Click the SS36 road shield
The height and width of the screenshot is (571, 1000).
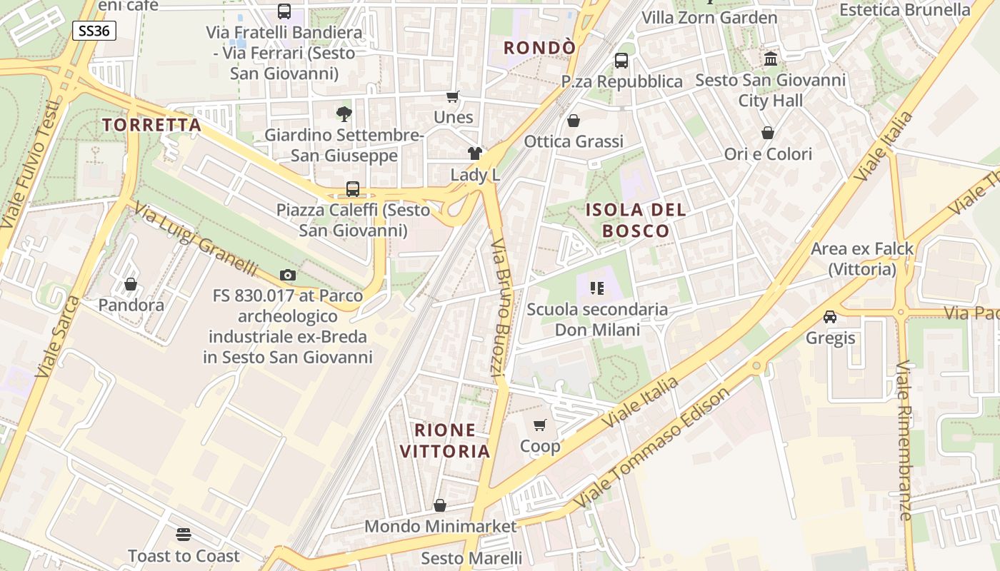click(x=94, y=31)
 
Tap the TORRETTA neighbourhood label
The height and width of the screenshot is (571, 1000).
click(x=151, y=125)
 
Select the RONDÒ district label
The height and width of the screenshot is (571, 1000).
click(x=539, y=48)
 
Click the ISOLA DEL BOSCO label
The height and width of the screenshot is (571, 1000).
click(x=636, y=220)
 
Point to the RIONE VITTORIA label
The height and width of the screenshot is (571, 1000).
click(x=445, y=440)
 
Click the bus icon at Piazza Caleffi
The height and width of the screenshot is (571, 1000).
click(x=353, y=189)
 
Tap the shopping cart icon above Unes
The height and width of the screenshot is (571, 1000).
click(x=453, y=96)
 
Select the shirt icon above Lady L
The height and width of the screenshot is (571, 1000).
click(x=475, y=153)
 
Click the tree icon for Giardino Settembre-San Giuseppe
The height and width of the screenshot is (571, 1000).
click(x=344, y=113)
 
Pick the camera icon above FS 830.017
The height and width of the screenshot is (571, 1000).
click(x=288, y=275)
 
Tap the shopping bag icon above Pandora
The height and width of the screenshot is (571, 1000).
click(x=131, y=284)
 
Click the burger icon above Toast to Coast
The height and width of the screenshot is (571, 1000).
click(x=184, y=535)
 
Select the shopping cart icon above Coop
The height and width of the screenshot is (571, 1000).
click(x=540, y=425)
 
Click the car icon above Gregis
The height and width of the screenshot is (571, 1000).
click(x=830, y=316)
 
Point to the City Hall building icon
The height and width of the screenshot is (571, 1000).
click(x=771, y=59)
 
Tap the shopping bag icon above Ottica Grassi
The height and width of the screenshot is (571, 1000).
click(x=573, y=121)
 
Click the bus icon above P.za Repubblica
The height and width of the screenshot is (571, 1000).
click(x=621, y=61)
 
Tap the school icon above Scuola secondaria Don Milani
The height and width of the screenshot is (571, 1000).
click(x=597, y=288)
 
